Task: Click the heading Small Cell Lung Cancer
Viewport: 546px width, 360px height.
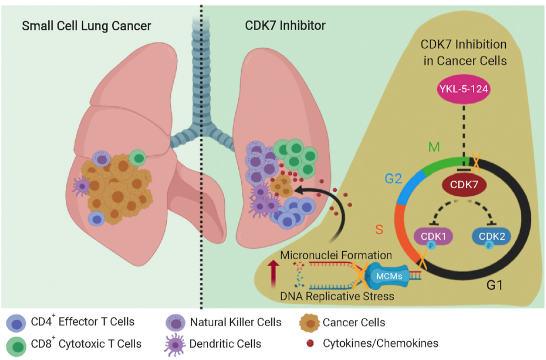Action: point(81,27)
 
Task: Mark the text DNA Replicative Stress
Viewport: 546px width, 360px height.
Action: point(337,296)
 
